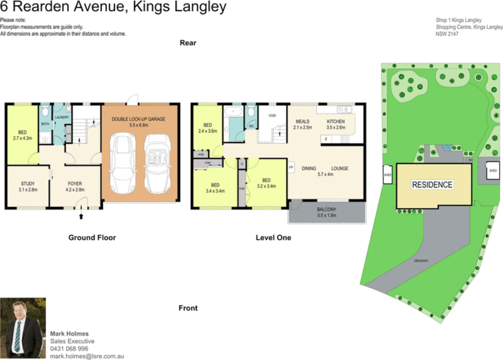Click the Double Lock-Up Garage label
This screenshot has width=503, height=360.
click(x=138, y=122)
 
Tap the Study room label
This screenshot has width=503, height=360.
click(x=28, y=186)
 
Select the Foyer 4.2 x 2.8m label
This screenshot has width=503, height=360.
click(x=75, y=186)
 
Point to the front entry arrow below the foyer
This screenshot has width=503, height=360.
click(x=81, y=216)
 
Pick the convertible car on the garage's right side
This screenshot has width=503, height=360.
click(x=157, y=163)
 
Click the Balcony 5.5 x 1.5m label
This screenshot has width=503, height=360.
click(x=326, y=212)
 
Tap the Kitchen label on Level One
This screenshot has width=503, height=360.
click(x=336, y=124)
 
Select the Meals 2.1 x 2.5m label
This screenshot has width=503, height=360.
click(x=303, y=124)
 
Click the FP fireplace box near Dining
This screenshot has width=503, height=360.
click(x=291, y=168)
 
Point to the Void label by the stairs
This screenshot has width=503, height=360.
click(x=272, y=116)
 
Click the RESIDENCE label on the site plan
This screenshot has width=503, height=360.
click(x=432, y=185)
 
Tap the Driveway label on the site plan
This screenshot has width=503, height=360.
click(x=421, y=261)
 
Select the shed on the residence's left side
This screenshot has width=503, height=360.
click(x=388, y=174)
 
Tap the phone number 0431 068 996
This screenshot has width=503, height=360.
click(x=69, y=349)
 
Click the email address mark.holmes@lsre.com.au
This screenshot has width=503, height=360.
click(x=87, y=356)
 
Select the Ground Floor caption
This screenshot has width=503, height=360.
click(x=92, y=238)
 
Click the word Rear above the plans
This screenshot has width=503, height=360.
click(x=188, y=43)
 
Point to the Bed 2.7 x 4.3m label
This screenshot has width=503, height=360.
click(x=22, y=135)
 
